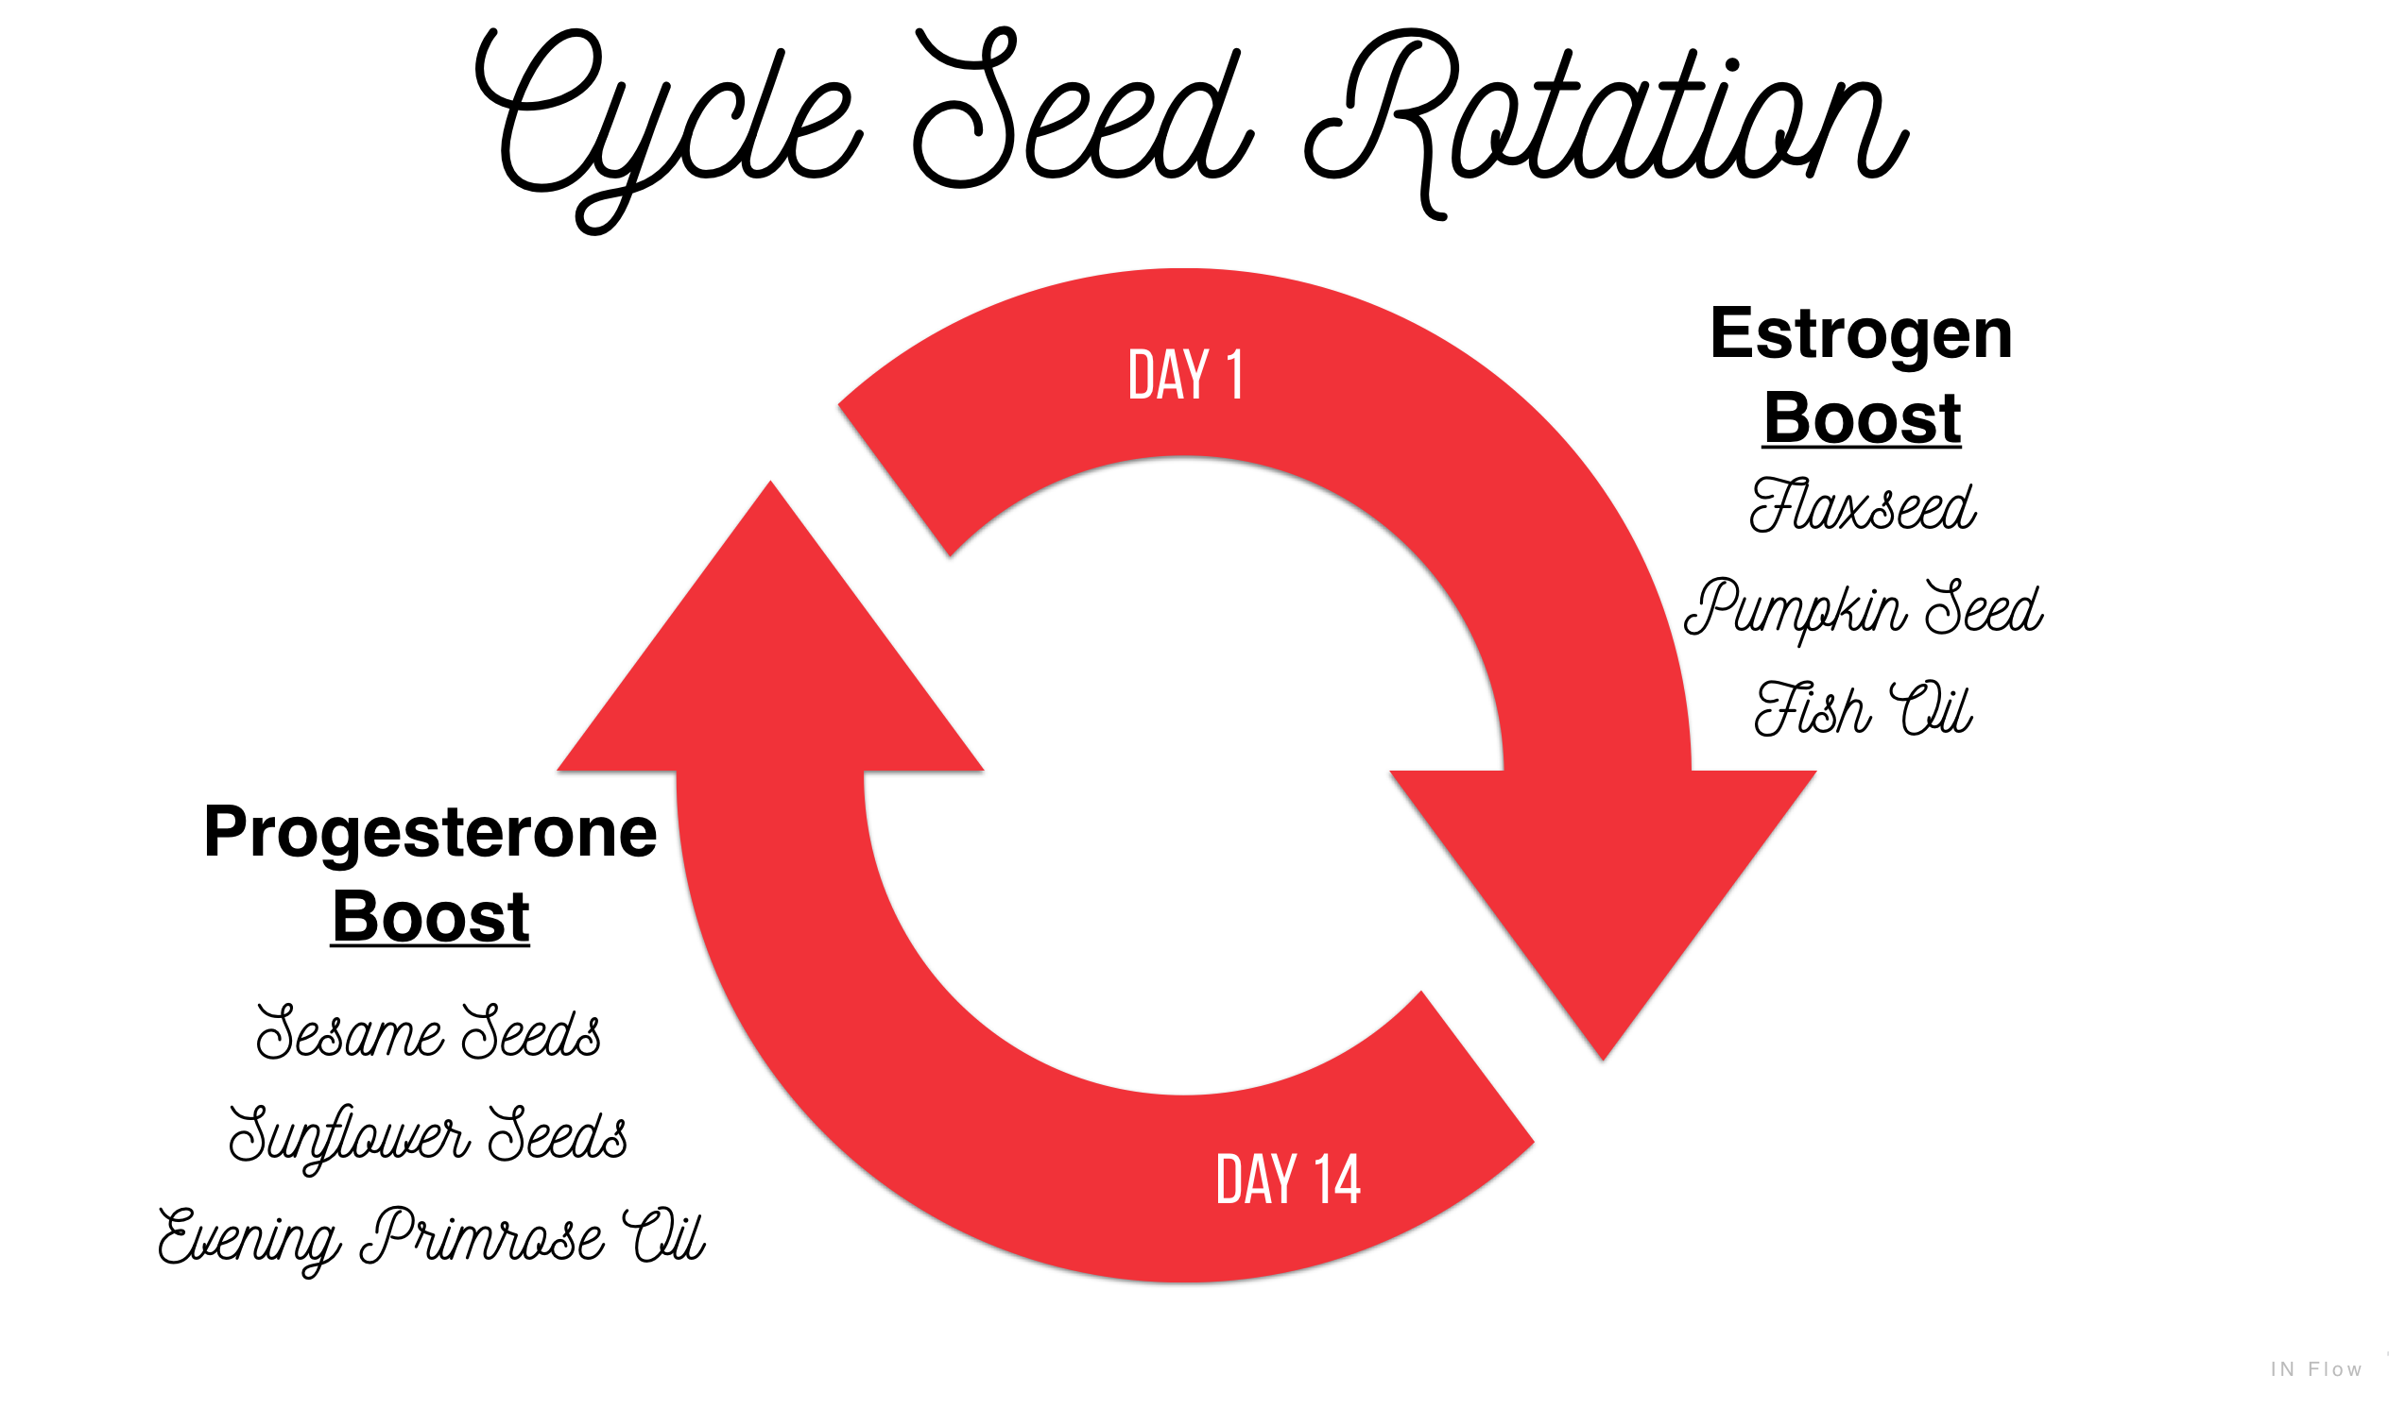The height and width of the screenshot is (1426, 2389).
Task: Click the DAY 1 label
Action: click(x=1185, y=375)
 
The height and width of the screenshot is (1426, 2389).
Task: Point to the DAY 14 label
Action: click(x=1288, y=1179)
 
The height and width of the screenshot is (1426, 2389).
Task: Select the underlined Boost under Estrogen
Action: click(x=1863, y=419)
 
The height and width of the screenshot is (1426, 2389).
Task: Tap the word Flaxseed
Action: click(x=1863, y=504)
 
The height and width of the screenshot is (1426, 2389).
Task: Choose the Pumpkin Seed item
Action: click(x=1864, y=608)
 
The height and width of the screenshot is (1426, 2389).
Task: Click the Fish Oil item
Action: click(x=1864, y=709)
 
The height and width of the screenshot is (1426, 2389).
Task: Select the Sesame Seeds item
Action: click(x=429, y=1031)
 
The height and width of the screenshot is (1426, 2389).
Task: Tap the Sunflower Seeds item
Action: click(x=429, y=1137)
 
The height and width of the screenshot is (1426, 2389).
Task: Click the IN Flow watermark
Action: click(x=2316, y=1369)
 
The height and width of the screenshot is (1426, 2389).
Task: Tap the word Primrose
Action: click(x=483, y=1238)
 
